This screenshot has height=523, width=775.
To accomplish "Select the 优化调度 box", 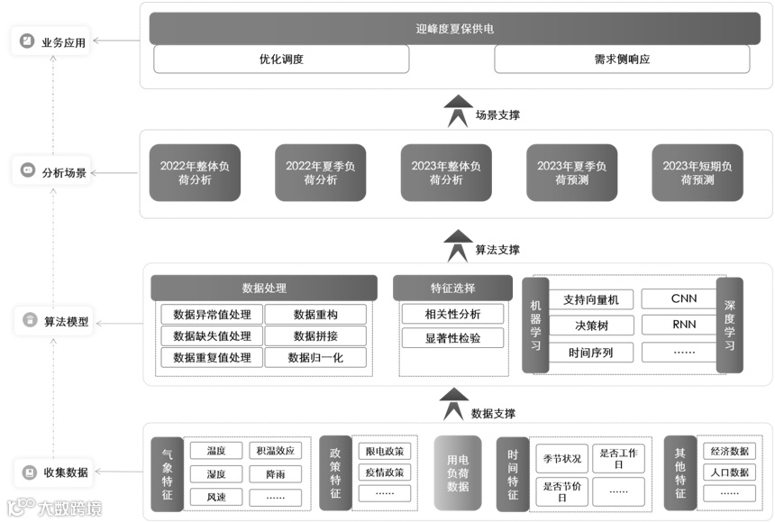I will (x=281, y=60).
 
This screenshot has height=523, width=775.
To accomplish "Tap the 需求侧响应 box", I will (x=622, y=60).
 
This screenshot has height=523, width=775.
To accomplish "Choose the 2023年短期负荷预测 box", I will (x=697, y=172).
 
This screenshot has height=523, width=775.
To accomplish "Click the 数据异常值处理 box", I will (x=212, y=314).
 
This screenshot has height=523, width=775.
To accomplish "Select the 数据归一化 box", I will (x=315, y=357).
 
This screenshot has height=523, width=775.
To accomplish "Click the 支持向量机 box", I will (x=587, y=299).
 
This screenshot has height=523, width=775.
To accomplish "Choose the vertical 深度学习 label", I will (x=730, y=326).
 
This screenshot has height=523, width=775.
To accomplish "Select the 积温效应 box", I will (x=276, y=451).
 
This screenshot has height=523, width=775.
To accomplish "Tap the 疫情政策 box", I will (x=385, y=472).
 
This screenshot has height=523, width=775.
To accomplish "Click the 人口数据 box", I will (x=729, y=472).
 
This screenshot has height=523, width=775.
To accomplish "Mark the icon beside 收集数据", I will (x=30, y=472).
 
